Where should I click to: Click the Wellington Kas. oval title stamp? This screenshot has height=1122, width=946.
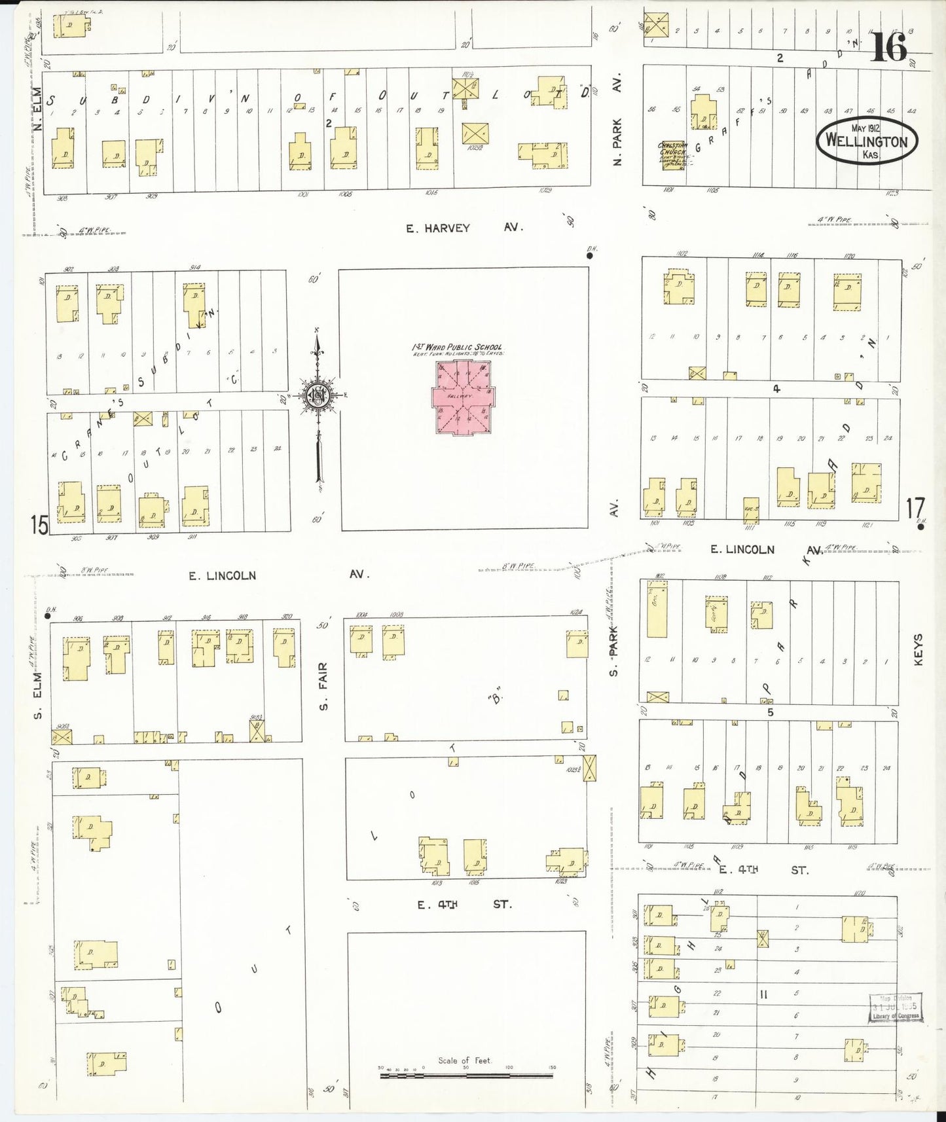[x=867, y=140]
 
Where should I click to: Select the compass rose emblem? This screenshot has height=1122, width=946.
[x=318, y=396]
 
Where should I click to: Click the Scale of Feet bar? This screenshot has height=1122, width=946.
[x=465, y=1074]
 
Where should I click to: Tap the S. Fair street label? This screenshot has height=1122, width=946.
[x=323, y=686]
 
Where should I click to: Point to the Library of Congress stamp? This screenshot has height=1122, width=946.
[x=894, y=1008]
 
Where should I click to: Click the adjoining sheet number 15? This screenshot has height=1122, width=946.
[x=39, y=524]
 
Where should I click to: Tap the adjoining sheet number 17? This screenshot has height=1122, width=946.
[x=915, y=508]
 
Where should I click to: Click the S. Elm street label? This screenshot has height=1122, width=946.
[x=39, y=694]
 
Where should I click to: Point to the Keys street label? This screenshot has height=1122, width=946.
[x=918, y=649]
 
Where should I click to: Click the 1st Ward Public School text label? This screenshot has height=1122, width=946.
[x=457, y=347]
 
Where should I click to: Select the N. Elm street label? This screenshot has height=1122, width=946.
[x=37, y=108]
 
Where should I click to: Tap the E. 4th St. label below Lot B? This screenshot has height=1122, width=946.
[x=465, y=904]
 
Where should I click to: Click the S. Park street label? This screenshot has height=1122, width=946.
[x=613, y=651]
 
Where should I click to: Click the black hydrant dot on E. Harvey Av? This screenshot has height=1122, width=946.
[x=589, y=256]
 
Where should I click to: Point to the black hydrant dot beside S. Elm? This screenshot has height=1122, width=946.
[x=48, y=615]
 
